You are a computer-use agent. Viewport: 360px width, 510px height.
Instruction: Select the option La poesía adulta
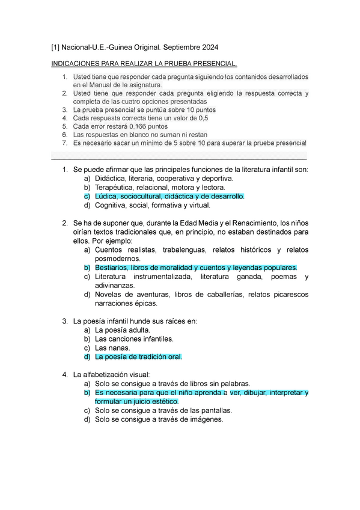[x=123, y=330]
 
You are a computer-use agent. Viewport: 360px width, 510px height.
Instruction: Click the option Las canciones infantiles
[x=134, y=339]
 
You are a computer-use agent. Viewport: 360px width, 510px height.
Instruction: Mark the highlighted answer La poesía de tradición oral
[x=138, y=357]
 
